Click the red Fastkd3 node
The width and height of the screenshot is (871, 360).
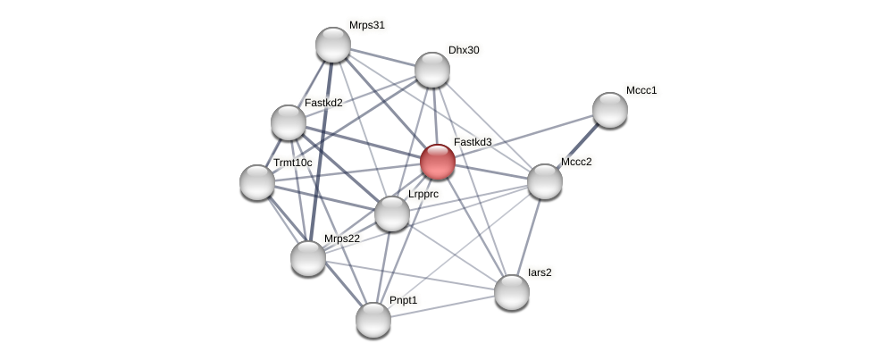(438, 162)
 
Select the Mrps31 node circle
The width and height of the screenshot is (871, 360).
(333, 45)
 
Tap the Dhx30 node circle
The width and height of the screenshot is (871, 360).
(432, 70)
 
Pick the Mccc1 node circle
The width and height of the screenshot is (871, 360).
(610, 110)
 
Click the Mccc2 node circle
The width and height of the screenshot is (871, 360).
(545, 181)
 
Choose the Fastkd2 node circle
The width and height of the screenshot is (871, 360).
(289, 122)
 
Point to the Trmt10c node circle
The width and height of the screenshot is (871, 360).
(257, 182)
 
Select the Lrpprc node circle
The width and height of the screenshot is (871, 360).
(392, 213)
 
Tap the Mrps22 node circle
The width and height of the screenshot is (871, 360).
(308, 258)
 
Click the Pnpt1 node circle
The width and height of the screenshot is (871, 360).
(373, 320)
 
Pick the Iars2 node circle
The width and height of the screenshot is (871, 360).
(512, 292)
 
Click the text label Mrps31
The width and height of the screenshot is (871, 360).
(366, 25)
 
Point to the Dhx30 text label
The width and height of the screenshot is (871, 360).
(464, 50)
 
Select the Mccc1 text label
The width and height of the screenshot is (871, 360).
(641, 90)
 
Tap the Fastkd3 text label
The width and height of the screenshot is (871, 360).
(473, 142)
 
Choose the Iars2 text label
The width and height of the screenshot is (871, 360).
(540, 272)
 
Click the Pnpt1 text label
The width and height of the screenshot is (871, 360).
(403, 300)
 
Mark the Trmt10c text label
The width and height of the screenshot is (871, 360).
(293, 163)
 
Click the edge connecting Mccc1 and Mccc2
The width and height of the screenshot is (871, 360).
(578, 146)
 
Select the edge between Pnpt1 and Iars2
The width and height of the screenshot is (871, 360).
(442, 306)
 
